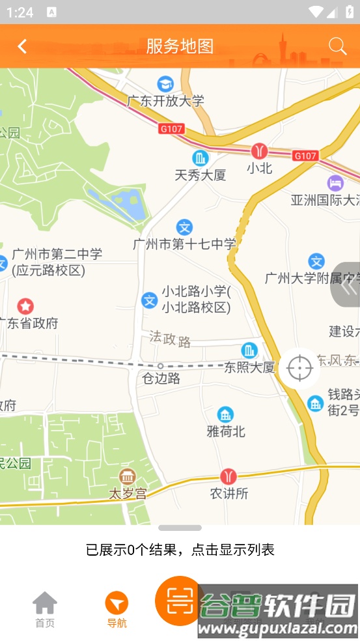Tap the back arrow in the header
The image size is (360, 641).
pos(22,46)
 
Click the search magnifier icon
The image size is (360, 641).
pos(337,46)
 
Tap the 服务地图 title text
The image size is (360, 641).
pos(180,46)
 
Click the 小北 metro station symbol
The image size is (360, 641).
pos(259,151)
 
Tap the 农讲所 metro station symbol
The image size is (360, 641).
pos(228,476)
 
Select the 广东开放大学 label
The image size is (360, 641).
pos(165,101)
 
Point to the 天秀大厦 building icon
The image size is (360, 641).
pos(201,158)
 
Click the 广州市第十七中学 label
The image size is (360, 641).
pos(184,244)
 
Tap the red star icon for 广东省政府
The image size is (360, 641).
pos(25,306)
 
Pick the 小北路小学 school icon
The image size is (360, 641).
pos(150,300)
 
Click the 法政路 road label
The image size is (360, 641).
pos(170,338)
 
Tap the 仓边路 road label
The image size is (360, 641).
pos(161,378)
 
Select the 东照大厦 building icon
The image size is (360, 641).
pos(249,350)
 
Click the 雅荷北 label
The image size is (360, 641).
pos(226,431)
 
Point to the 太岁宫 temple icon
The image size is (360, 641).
pos(127,476)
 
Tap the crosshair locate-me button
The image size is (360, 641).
pos(299,368)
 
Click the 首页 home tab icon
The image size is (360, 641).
pos(45,603)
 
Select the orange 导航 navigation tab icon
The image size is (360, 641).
pos(117,603)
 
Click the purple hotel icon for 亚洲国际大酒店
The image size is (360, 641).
pos(335,182)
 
